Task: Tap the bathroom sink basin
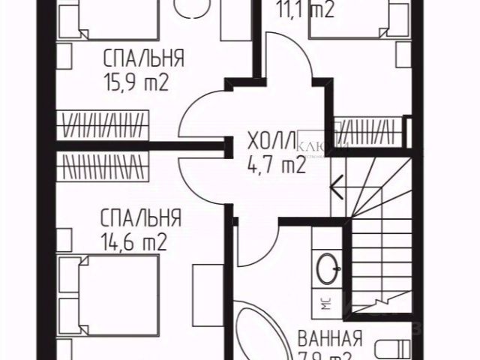tap(328, 265)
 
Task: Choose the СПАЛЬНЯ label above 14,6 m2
tap(140, 218)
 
